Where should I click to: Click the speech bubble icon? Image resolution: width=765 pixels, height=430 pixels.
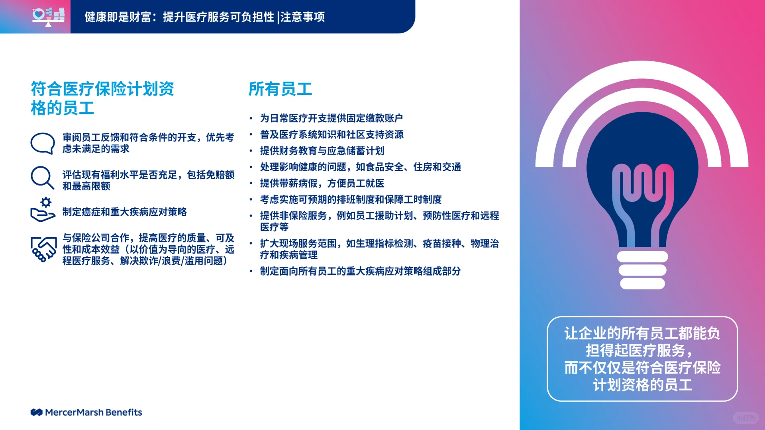42,143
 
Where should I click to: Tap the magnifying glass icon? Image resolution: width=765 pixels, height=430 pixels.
42,177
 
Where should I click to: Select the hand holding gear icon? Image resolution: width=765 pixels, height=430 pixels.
42,210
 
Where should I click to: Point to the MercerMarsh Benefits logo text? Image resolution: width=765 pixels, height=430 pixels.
93,412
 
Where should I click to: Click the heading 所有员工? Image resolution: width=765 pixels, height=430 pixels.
280,89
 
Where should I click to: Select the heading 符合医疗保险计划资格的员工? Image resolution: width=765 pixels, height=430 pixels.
102,98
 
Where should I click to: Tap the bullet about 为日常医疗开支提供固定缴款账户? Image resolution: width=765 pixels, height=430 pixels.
331,118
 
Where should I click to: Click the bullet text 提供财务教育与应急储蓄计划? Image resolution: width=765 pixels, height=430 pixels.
322,151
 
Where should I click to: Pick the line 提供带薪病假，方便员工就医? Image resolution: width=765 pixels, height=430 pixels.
322,183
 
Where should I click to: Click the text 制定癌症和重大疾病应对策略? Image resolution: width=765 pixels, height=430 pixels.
124,212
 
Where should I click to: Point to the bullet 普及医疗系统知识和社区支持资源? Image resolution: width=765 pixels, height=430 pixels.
331,135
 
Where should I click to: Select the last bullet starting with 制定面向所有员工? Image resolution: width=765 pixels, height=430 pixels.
360,271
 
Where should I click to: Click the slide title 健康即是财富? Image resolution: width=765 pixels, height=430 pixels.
118,17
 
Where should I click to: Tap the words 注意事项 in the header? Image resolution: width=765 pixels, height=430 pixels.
302,17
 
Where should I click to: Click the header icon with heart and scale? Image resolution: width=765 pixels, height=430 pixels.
48,16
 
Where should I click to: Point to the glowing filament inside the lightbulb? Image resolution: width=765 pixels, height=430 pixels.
642,199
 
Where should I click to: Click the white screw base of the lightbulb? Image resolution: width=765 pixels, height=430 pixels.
642,270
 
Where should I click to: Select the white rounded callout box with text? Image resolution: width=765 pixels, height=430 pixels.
642,359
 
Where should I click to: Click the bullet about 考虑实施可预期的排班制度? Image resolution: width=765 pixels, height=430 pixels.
351,199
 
